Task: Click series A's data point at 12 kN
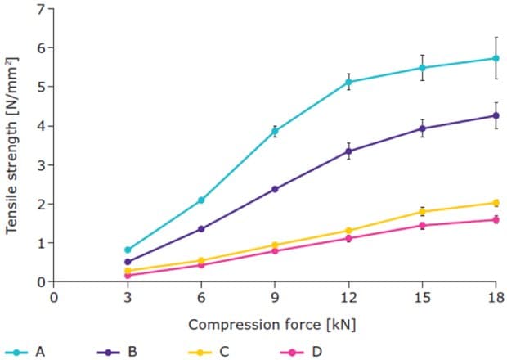pyautogui.click(x=348, y=82)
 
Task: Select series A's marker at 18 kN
pyautogui.click(x=496, y=58)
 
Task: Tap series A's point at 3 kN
pyautogui.click(x=128, y=250)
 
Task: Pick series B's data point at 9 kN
pyautogui.click(x=275, y=189)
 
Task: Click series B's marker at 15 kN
pyautogui.click(x=422, y=128)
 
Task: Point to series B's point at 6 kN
pyautogui.click(x=201, y=229)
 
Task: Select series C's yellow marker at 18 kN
pyautogui.click(x=496, y=203)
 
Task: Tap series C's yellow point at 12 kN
pyautogui.click(x=348, y=231)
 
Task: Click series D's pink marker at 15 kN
pyautogui.click(x=422, y=225)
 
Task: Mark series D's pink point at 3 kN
pyautogui.click(x=128, y=276)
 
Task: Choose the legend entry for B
pyautogui.click(x=119, y=352)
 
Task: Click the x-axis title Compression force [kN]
pyautogui.click(x=272, y=325)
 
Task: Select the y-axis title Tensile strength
pyautogui.click(x=11, y=146)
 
